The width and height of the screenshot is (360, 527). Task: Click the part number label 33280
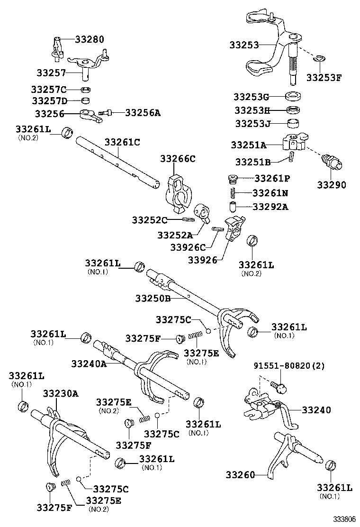(90, 39)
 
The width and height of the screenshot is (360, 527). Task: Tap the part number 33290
(333, 185)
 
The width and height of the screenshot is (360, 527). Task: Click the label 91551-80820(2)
(289, 366)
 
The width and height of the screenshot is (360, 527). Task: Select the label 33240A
(89, 363)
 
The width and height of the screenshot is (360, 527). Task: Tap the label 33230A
(61, 393)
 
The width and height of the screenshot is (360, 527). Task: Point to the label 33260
(241, 474)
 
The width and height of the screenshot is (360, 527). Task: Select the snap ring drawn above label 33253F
(319, 58)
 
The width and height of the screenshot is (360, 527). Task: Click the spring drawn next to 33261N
(233, 193)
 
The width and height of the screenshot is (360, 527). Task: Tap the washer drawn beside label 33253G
(295, 97)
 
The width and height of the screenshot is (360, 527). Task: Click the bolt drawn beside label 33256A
(105, 113)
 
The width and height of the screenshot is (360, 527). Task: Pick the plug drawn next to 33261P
(232, 179)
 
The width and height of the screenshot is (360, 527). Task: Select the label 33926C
(188, 247)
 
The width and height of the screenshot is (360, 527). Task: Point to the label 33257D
(50, 100)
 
